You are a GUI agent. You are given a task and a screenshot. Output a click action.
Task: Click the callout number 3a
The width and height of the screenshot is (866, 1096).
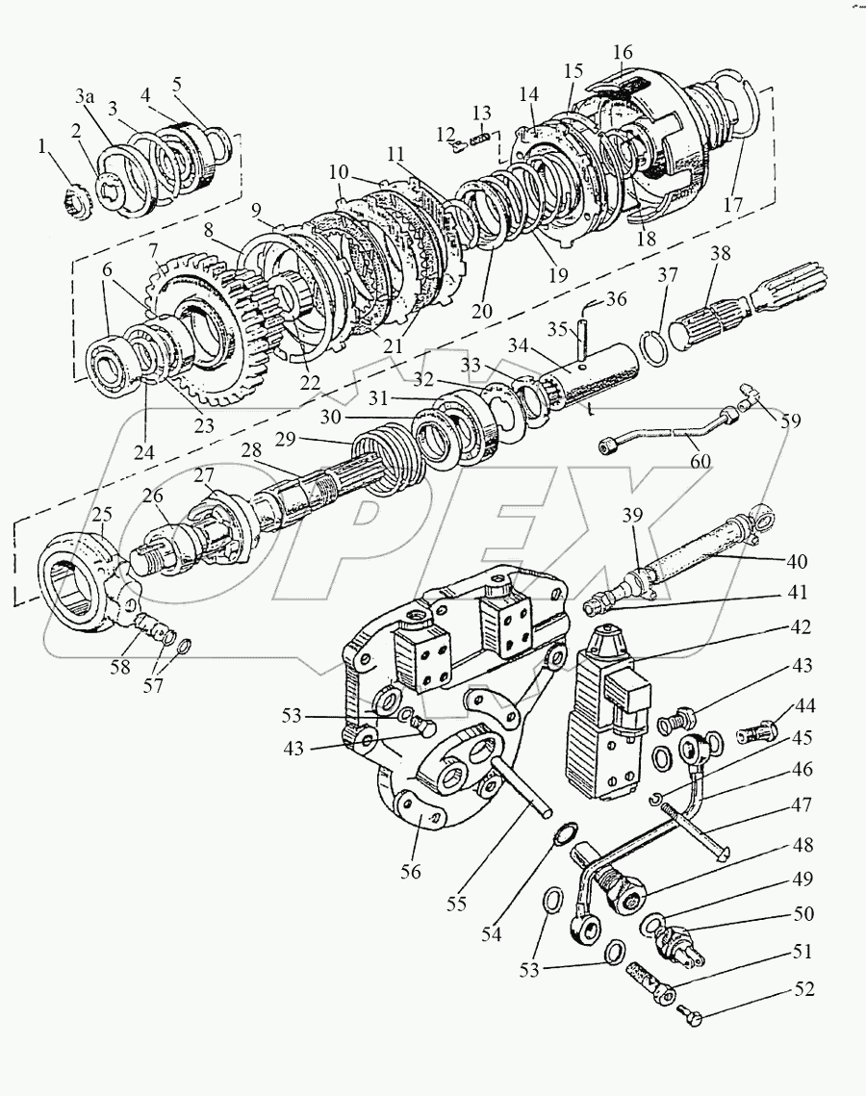pos(86,98)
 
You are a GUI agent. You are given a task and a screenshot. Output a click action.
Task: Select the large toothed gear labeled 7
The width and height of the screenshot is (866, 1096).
pos(203,328)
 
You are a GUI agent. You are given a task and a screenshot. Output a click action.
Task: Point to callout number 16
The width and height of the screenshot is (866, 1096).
pos(622,52)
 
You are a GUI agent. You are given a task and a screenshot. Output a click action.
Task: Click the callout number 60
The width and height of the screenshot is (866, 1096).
pos(700,461)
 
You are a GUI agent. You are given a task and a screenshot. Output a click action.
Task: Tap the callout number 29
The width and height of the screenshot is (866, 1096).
pos(286,441)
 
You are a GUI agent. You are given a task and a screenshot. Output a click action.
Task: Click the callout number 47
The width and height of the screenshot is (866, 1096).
pos(802,805)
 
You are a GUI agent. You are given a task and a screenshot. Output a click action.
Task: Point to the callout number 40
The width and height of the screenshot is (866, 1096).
pos(797,561)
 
